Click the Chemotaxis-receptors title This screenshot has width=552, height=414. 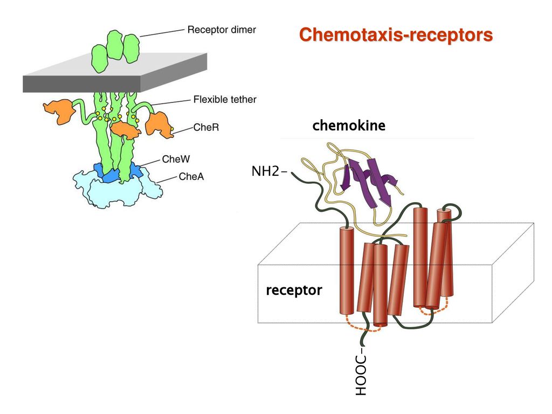(396, 35)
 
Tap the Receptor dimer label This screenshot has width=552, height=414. (222, 30)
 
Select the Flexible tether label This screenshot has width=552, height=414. (225, 99)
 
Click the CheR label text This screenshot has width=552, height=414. (206, 127)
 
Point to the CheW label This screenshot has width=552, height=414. (176, 159)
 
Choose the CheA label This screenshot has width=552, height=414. (191, 176)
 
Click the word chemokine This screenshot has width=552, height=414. (349, 125)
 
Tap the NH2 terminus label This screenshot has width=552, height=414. (265, 171)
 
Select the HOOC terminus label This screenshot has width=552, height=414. (361, 375)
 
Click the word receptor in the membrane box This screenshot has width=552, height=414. (294, 290)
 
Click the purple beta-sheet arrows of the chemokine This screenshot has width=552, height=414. (370, 181)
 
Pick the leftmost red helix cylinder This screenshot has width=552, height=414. (347, 271)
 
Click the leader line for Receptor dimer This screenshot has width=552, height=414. (162, 33)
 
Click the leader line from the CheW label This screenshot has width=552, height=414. (150, 162)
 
